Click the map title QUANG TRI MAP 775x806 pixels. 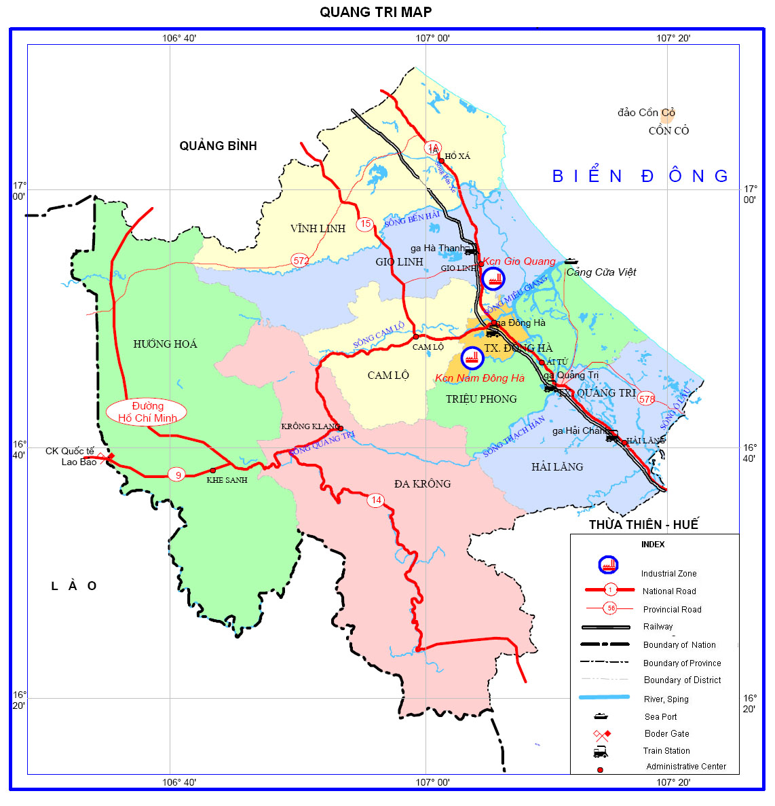pyautogui.click(x=375, y=12)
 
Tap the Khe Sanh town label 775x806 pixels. pyautogui.click(x=227, y=480)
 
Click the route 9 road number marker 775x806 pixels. pyautogui.click(x=178, y=475)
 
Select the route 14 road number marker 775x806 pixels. pyautogui.click(x=375, y=500)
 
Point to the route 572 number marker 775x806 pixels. pyautogui.click(x=301, y=259)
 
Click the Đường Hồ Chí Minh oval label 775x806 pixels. pyautogui.click(x=147, y=412)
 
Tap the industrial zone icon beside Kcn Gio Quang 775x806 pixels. pyautogui.click(x=493, y=278)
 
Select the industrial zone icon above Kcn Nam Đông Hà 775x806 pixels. pyautogui.click(x=472, y=357)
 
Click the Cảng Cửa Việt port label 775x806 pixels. pyautogui.click(x=601, y=272)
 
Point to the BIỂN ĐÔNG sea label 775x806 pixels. pyautogui.click(x=640, y=177)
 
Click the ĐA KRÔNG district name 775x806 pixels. pyautogui.click(x=422, y=483)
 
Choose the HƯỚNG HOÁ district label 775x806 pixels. pyautogui.click(x=165, y=344)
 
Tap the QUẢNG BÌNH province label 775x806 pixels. pyautogui.click(x=218, y=146)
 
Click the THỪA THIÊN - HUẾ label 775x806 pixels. pyautogui.click(x=643, y=524)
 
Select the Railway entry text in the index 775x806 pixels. pyautogui.click(x=658, y=627)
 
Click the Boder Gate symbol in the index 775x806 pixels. pyautogui.click(x=601, y=734)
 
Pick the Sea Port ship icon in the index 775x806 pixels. pyautogui.click(x=601, y=716)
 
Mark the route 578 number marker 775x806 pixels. pyautogui.click(x=647, y=399)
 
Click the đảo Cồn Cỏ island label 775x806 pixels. pyautogui.click(x=646, y=113)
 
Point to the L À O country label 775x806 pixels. pyautogui.click(x=74, y=586)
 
